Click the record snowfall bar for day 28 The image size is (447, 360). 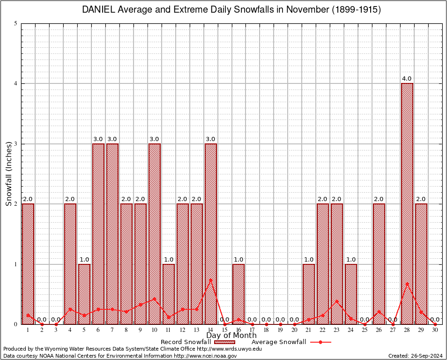click(x=407, y=204)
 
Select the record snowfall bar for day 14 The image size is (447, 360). click(x=211, y=234)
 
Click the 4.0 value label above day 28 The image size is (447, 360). click(x=407, y=79)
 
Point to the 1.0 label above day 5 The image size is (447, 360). click(x=84, y=260)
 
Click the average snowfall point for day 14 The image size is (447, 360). click(x=211, y=280)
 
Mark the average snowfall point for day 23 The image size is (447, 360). click(x=337, y=301)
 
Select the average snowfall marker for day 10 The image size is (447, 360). click(x=155, y=298)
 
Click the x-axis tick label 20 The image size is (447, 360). click(x=295, y=330)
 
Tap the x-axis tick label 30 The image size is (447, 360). click(x=435, y=330)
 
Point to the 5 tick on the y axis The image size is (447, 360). click(x=16, y=23)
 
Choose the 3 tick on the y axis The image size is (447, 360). click(x=16, y=144)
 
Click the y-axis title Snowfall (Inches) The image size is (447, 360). click(x=8, y=174)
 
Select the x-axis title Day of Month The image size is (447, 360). click(x=231, y=336)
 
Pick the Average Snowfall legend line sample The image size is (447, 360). click(x=320, y=342)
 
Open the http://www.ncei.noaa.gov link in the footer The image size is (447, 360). click(x=205, y=356)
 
